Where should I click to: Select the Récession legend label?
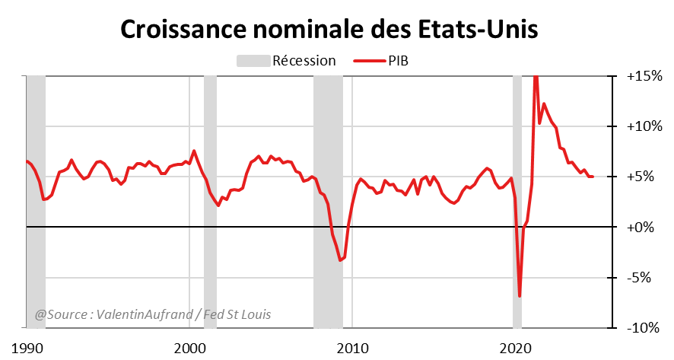[304, 61]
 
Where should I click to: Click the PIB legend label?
[399, 61]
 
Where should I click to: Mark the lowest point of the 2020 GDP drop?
[520, 296]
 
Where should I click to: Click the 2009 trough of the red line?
[340, 260]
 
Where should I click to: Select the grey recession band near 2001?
[210, 202]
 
